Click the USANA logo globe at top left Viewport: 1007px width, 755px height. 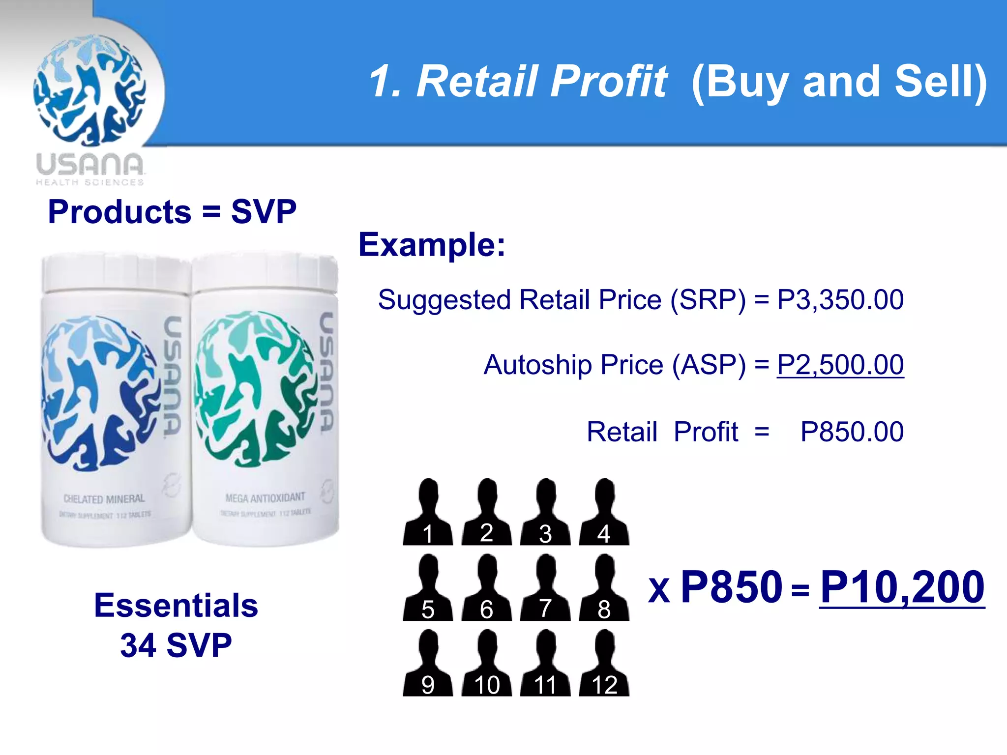[89, 90]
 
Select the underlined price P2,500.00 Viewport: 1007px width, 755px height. [840, 365]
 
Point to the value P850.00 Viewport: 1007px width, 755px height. [852, 432]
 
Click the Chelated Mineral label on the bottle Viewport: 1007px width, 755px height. [104, 499]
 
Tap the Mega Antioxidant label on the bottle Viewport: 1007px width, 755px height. [265, 498]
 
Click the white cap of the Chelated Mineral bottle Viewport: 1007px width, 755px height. [116, 273]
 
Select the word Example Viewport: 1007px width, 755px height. [431, 244]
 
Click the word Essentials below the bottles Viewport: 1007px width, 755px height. [176, 605]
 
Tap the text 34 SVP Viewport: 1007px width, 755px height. [176, 645]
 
